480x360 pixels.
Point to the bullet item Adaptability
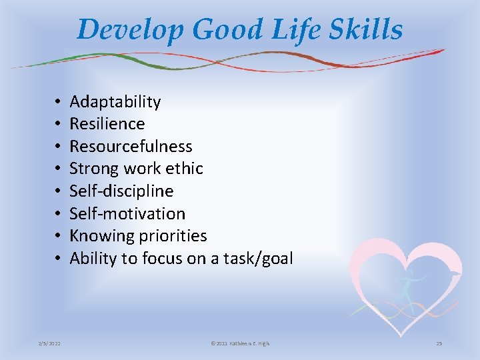pyautogui.click(x=115, y=102)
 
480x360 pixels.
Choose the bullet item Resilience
pyautogui.click(x=107, y=124)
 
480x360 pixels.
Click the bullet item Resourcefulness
pyautogui.click(x=131, y=147)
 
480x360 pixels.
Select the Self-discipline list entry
pyautogui.click(x=121, y=191)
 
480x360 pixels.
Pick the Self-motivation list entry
pyautogui.click(x=127, y=214)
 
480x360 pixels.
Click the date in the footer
pyautogui.click(x=48, y=343)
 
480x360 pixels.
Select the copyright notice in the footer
pyautogui.click(x=240, y=343)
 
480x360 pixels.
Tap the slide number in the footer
pyautogui.click(x=439, y=343)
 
